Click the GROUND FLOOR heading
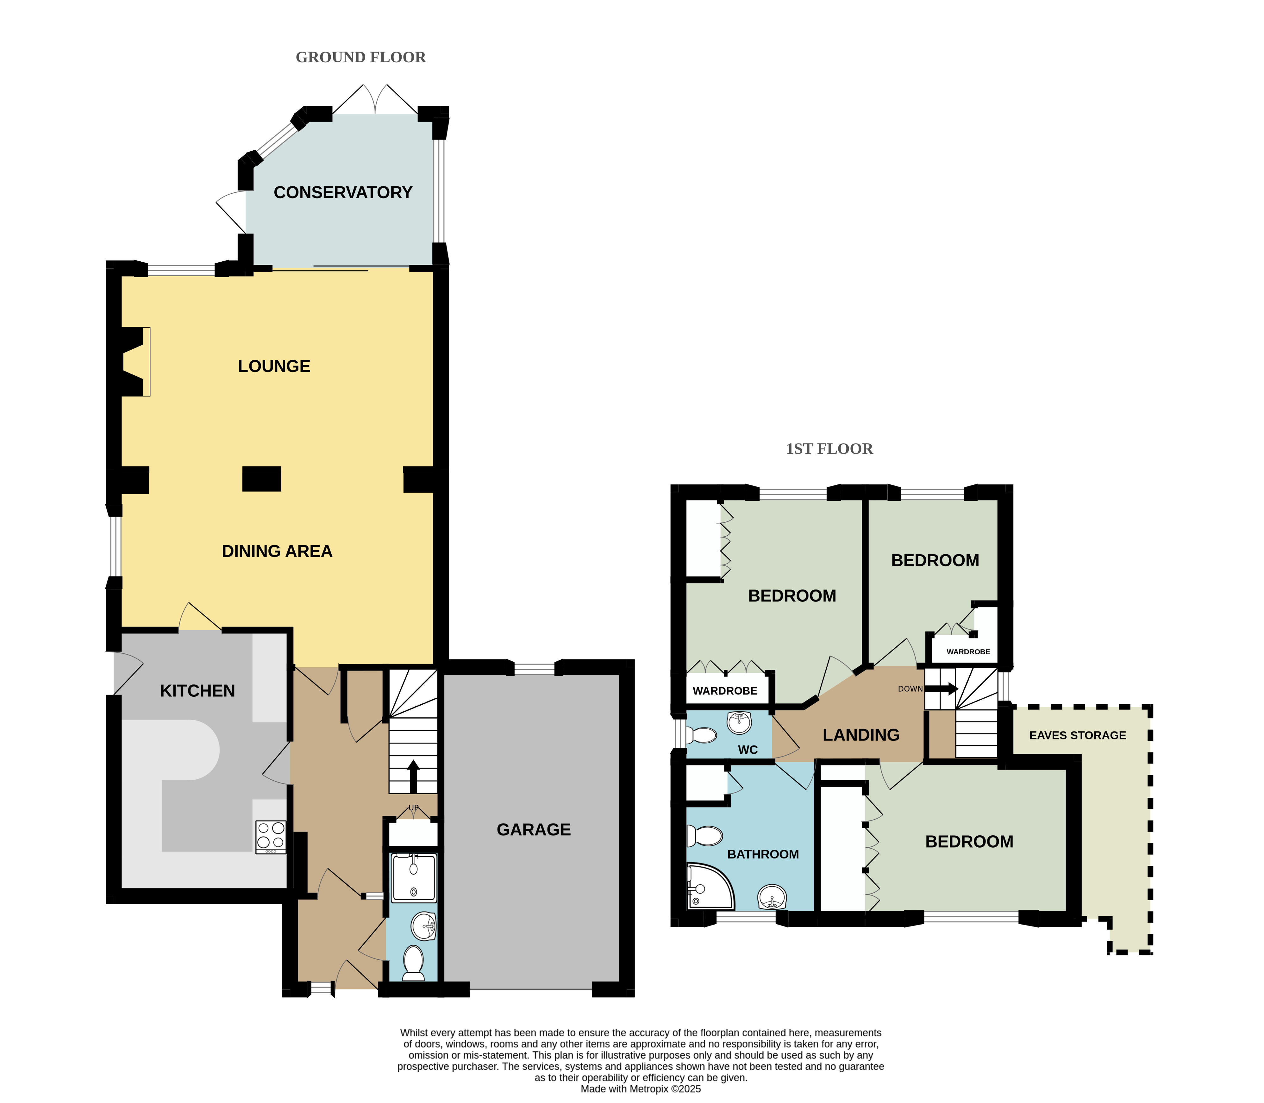point(361,57)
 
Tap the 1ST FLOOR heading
point(829,449)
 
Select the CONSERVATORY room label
point(343,193)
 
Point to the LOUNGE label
point(274,366)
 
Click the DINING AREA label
point(277,551)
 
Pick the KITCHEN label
point(197,691)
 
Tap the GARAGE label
point(534,830)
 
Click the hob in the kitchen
point(271,837)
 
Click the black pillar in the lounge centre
point(262,479)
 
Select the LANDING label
point(861,735)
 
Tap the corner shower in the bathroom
point(710,886)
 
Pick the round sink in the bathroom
point(772,897)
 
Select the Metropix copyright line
point(640,1089)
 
